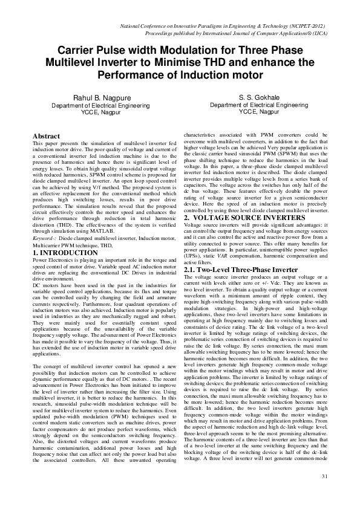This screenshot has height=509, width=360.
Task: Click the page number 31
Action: [324, 494]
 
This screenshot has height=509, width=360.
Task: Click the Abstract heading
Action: [46, 137]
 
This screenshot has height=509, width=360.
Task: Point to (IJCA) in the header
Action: [319, 34]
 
